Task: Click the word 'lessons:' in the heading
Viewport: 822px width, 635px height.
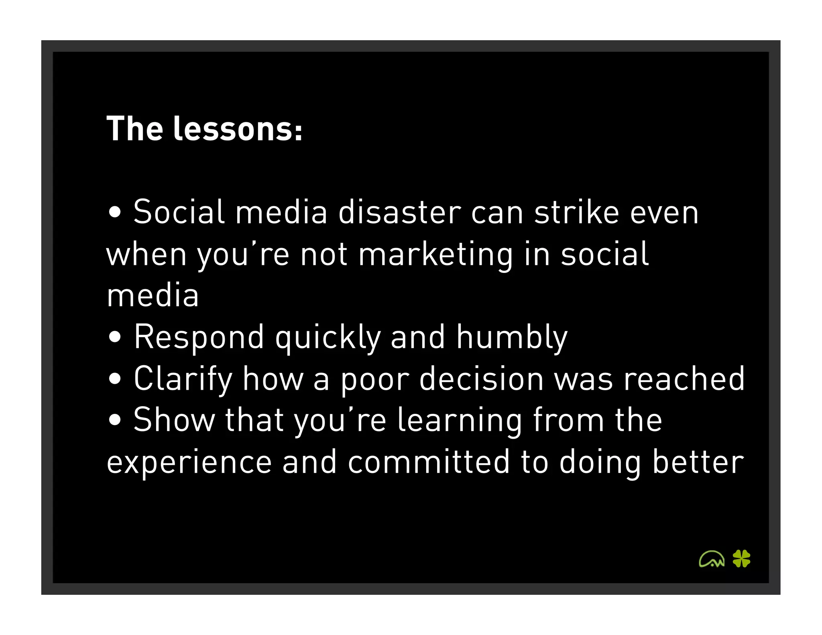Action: coord(238,129)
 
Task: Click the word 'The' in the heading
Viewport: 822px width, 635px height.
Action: coord(135,129)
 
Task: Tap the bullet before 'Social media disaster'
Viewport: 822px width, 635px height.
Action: coord(115,213)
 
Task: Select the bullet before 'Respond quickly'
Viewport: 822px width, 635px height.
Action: coord(115,337)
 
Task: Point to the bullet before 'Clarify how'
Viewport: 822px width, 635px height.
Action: coord(115,379)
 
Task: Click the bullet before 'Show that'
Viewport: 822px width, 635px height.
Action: coord(115,420)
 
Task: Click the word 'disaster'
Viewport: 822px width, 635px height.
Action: coord(400,212)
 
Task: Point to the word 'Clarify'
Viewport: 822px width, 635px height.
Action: coord(183,379)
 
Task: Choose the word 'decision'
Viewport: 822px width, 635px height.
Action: coord(481,379)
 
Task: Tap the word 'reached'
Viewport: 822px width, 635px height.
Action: coord(684,379)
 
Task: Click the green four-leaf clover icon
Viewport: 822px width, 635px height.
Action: coord(741,558)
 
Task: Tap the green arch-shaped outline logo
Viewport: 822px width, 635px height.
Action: coord(712,559)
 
